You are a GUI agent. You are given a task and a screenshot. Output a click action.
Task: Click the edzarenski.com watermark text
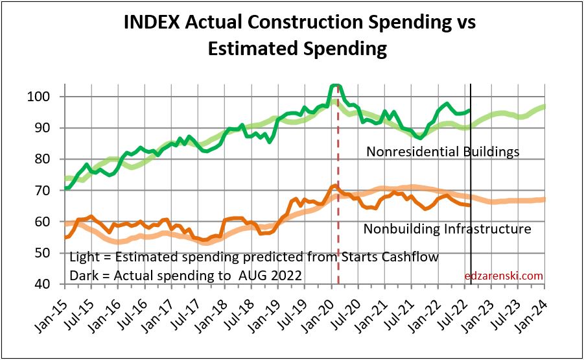(x=504, y=276)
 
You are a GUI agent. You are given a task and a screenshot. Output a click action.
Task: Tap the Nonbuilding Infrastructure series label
(x=447, y=229)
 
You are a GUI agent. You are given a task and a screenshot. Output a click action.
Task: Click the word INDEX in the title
(x=153, y=23)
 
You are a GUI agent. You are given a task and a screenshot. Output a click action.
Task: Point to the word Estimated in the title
(x=251, y=48)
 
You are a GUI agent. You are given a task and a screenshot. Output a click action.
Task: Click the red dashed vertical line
(x=338, y=246)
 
